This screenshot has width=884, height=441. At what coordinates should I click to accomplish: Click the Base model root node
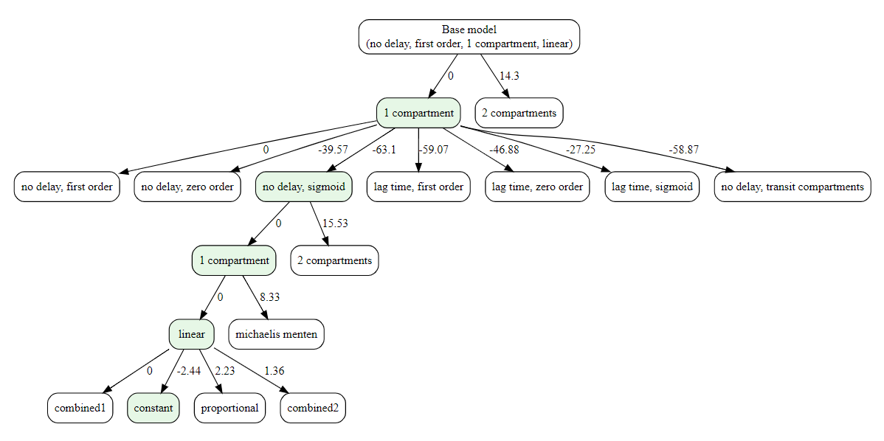(469, 37)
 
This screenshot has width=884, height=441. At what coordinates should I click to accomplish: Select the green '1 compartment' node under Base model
(418, 113)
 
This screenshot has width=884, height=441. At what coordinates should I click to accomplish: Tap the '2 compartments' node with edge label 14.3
(519, 113)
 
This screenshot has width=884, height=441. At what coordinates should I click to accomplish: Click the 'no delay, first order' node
(66, 187)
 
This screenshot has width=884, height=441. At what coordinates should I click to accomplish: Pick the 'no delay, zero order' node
(188, 187)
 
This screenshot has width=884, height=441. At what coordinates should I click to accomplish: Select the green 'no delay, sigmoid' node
(304, 187)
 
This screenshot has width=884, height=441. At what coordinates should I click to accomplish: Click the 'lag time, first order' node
(418, 187)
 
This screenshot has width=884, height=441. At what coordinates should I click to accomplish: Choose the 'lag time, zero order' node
(537, 187)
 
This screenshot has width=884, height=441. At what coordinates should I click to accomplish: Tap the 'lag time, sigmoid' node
(652, 187)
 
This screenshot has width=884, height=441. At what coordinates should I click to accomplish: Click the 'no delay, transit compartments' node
(793, 187)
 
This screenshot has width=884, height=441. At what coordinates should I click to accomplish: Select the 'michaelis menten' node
(276, 334)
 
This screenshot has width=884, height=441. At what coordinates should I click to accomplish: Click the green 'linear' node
(192, 334)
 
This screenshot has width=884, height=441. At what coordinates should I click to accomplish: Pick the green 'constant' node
(153, 408)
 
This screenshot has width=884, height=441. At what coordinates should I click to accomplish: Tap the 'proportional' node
(229, 408)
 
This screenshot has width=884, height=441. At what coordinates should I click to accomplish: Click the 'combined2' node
(313, 408)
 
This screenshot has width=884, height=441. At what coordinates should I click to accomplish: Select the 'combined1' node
(80, 408)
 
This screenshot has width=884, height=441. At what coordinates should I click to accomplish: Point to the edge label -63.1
(383, 150)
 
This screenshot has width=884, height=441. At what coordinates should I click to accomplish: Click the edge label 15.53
(334, 223)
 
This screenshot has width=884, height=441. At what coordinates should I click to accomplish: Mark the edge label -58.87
(683, 150)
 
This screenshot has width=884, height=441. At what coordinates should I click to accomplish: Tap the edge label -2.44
(188, 370)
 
